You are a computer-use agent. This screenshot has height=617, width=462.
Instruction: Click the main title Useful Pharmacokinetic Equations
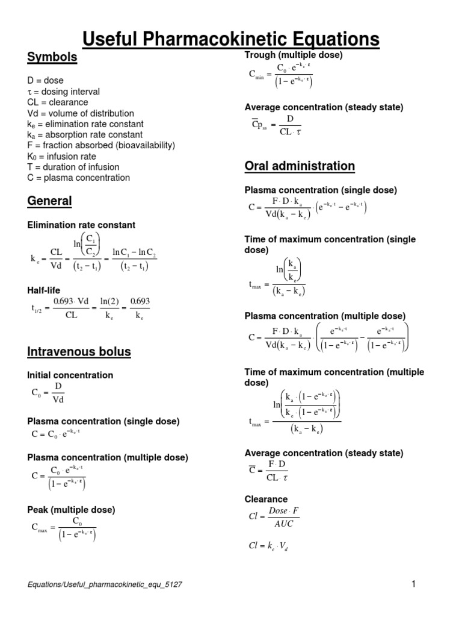pos(231,39)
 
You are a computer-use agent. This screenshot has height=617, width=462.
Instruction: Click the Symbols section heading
pos(52,57)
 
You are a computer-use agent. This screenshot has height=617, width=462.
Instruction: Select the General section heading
pos(49,201)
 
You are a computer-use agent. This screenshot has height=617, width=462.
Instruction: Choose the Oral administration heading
pos(300,166)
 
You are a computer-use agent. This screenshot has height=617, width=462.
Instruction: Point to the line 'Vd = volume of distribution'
pos(81,113)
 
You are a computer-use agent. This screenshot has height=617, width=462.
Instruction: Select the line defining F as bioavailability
pos(102,145)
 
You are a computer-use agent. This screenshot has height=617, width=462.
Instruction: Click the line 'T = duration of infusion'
pos(73,167)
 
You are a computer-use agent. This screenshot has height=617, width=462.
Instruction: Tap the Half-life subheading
pos(44,290)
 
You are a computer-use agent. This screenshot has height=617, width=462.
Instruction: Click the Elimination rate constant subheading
pos(81,225)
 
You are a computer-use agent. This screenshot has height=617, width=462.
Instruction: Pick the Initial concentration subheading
pos(70,375)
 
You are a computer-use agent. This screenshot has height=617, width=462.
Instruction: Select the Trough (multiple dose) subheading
pos(294,55)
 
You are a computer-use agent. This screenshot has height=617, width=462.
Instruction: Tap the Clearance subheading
pos(265,499)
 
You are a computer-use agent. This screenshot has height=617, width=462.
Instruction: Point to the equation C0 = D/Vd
pos(49,393)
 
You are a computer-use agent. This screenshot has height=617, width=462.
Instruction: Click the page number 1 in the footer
pos(414,584)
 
